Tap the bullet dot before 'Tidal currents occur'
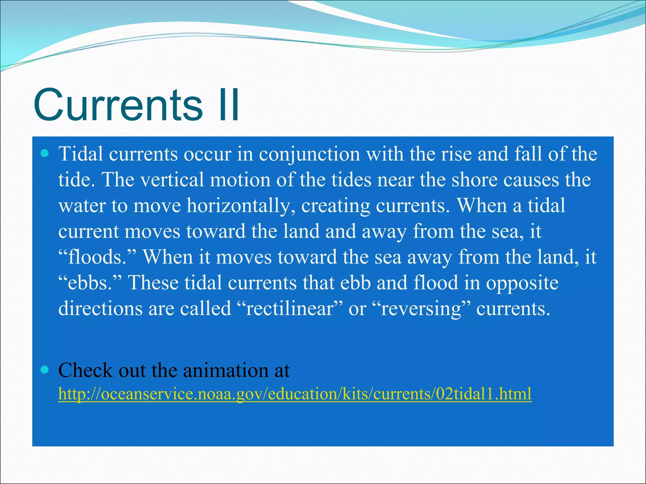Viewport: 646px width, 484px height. coord(45,154)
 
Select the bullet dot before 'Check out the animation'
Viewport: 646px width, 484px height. coord(45,370)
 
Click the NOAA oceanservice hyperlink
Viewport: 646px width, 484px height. coord(295,394)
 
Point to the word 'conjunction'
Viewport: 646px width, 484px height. coord(309,154)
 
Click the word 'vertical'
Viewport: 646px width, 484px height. coord(172,180)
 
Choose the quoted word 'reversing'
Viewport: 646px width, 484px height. coord(421,308)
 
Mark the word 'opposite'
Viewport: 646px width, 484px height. coord(522,283)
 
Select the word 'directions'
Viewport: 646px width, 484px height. coord(100,308)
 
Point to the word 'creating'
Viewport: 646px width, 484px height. coord(336,206)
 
